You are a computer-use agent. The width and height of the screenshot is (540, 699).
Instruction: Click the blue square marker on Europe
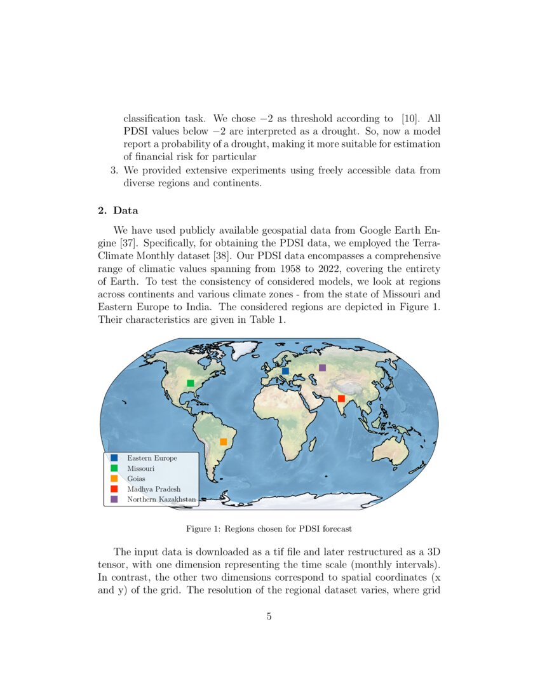tap(285, 370)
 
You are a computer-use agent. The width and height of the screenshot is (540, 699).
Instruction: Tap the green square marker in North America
tap(190, 383)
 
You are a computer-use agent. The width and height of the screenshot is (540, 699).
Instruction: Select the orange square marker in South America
tap(223, 442)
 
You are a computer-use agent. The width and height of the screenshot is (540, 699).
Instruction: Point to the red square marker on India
tap(341, 398)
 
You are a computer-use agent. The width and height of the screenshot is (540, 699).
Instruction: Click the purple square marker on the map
tap(322, 367)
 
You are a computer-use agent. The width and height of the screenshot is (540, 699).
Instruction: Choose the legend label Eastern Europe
tap(152, 458)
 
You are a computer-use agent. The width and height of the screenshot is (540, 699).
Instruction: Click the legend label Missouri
tap(140, 468)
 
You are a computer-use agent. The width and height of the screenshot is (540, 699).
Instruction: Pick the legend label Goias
tap(136, 478)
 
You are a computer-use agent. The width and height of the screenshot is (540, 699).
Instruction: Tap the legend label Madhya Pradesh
tap(154, 489)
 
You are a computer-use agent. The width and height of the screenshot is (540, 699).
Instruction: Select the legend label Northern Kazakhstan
tap(161, 499)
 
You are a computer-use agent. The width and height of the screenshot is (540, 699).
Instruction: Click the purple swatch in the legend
tap(114, 499)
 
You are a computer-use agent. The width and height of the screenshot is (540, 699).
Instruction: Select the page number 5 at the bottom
tap(269, 616)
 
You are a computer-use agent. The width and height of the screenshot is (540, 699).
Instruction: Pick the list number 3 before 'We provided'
tap(114, 170)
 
